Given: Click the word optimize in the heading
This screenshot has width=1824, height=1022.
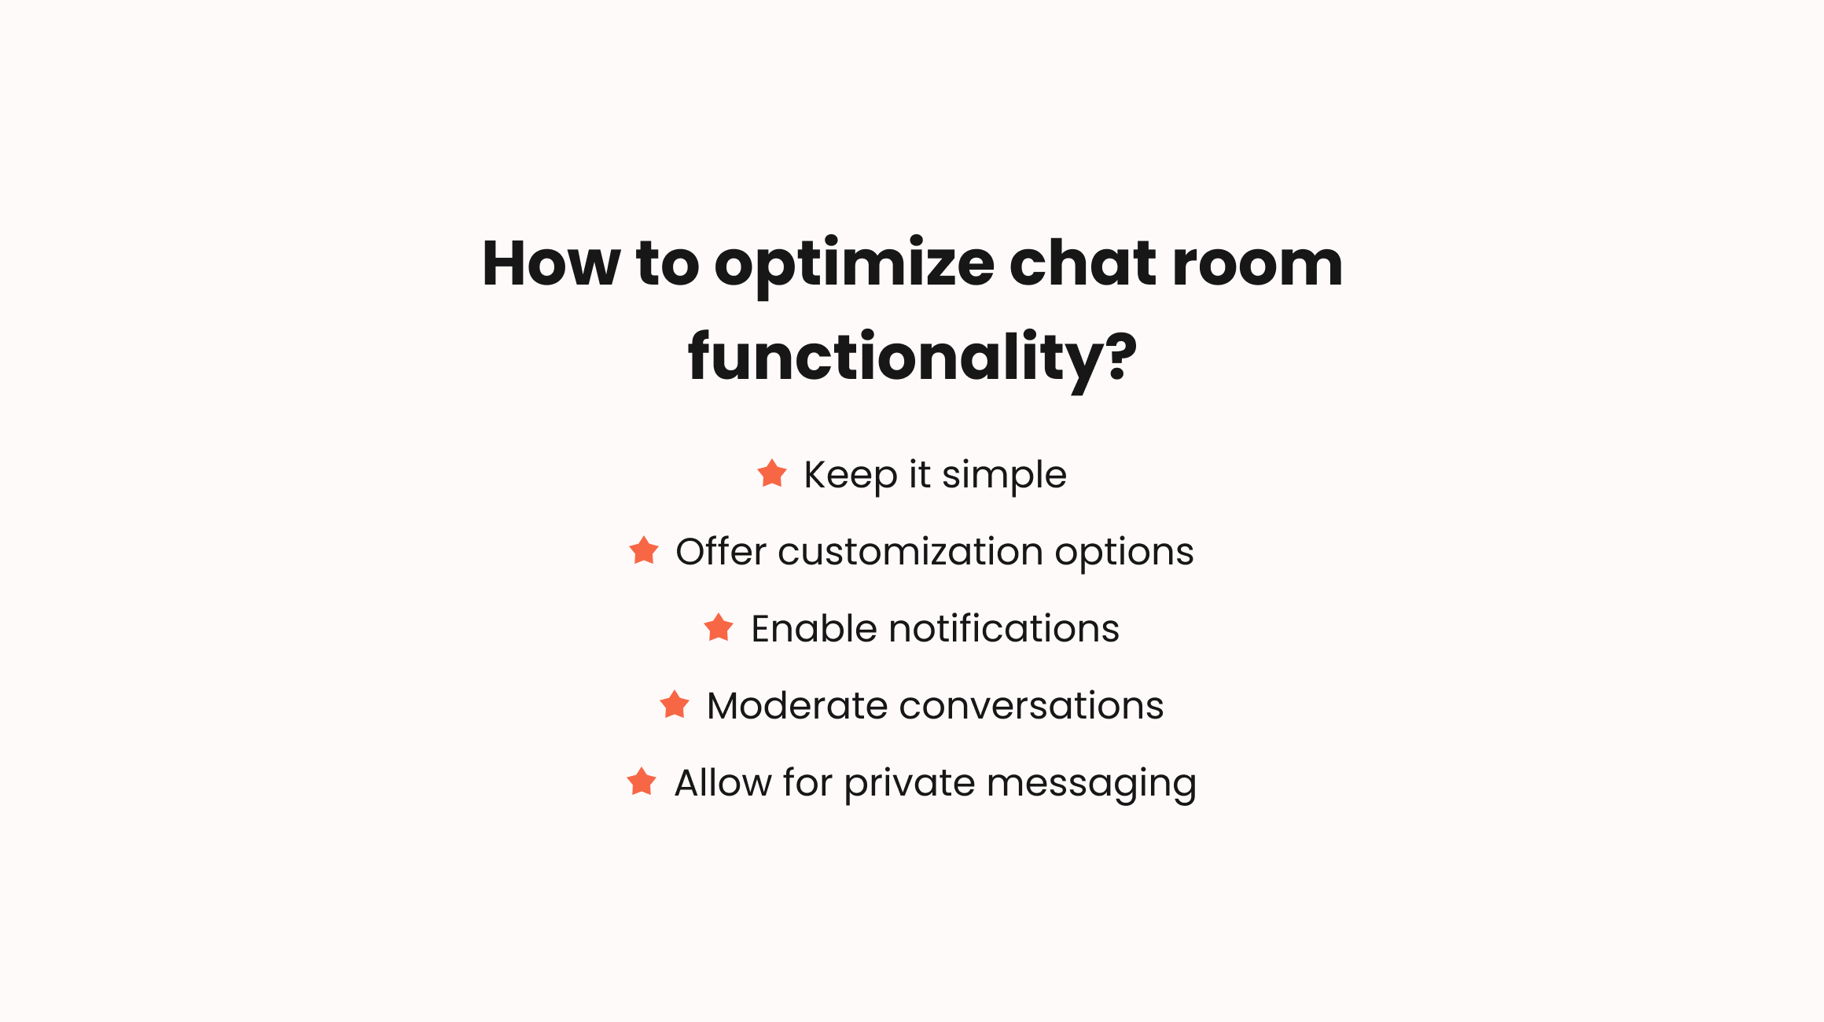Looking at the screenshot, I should coord(854,266).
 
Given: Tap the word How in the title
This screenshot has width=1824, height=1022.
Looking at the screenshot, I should coord(551,264).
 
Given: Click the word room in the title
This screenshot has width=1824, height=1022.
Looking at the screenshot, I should coord(1257,266).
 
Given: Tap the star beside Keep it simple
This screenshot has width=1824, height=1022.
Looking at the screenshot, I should coord(772,474).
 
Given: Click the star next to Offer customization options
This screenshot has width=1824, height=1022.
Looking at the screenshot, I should coord(644,551).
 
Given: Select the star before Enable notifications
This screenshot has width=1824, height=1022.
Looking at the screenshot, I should coord(719,628).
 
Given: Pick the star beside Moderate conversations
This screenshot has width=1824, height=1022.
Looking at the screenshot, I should coord(675,705).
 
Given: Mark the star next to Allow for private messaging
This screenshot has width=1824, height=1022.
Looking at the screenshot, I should coord(642,782).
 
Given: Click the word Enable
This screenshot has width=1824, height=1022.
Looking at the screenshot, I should coord(814,629).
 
